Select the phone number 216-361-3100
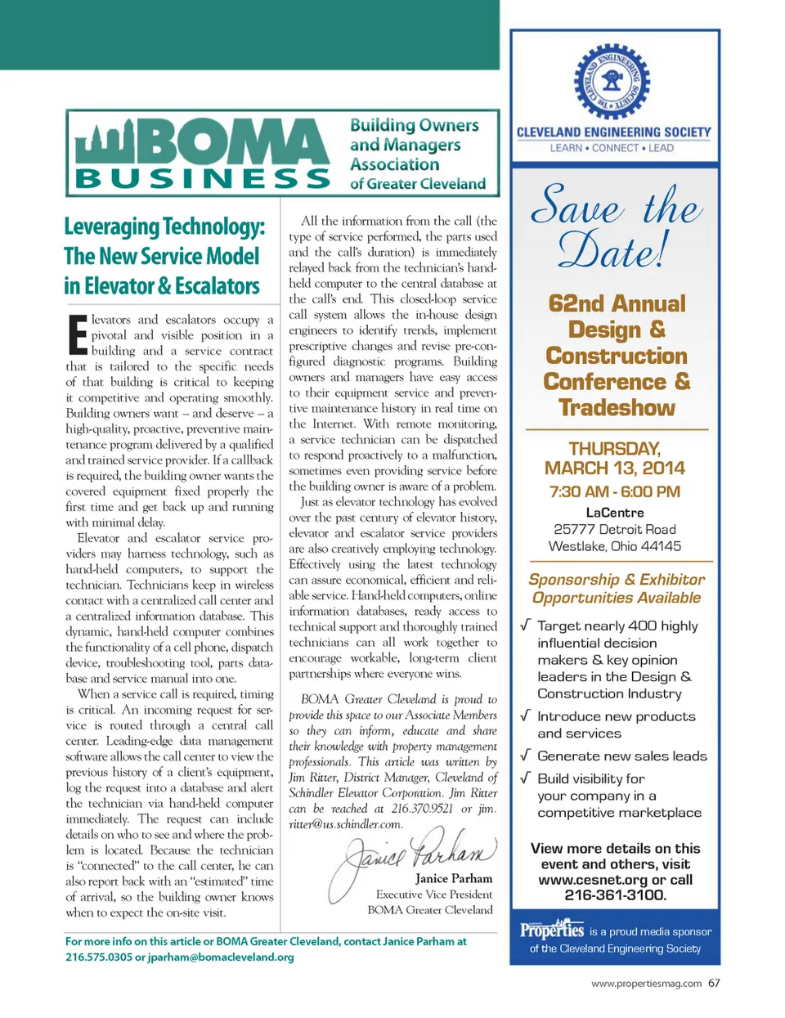pyautogui.click(x=615, y=895)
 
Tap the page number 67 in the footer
pyautogui.click(x=715, y=983)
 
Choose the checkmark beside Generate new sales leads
pyautogui.click(x=525, y=756)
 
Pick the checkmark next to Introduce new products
pyautogui.click(x=525, y=715)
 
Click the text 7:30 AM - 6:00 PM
pyautogui.click(x=615, y=491)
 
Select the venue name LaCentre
pyautogui.click(x=615, y=513)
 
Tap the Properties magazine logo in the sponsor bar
pyautogui.click(x=552, y=930)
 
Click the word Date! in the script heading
pyautogui.click(x=613, y=249)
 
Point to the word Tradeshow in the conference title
pyautogui.click(x=617, y=407)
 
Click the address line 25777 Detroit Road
pyautogui.click(x=615, y=529)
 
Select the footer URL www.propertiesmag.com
pyautogui.click(x=646, y=984)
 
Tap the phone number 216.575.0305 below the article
pyautogui.click(x=98, y=957)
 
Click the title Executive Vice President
pyautogui.click(x=434, y=895)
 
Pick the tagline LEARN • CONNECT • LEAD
pyautogui.click(x=612, y=148)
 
